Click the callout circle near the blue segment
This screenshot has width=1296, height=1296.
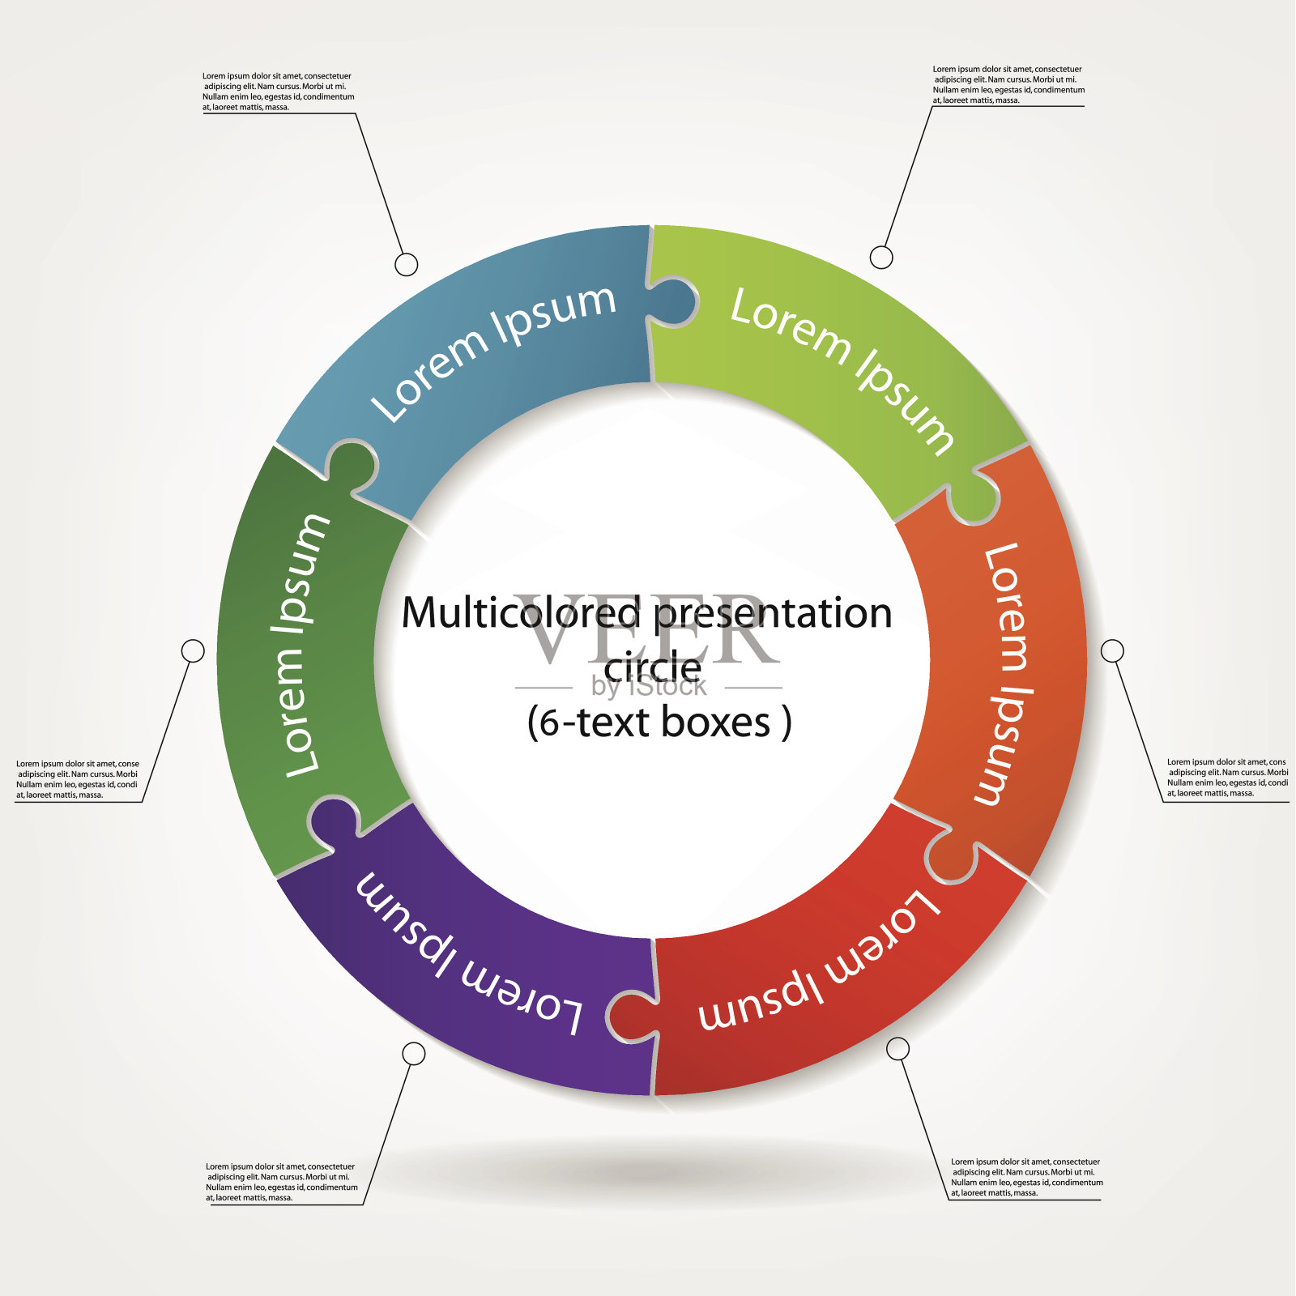pos(406,264)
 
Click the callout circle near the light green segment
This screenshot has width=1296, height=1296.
pos(881,258)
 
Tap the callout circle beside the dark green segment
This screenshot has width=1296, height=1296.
pos(193,650)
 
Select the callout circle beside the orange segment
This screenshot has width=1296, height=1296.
pos(1112,650)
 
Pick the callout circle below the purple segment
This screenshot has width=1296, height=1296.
pos(414,1053)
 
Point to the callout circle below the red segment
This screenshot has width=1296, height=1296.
pos(897,1049)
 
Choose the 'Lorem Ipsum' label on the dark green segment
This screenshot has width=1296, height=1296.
pos(306,646)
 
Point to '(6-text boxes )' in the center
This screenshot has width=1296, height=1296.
pos(659,722)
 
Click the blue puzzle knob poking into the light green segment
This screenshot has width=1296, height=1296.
pos(675,302)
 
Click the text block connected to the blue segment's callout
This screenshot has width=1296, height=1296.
pos(278,92)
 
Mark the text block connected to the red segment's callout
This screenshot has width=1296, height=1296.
pos(1026,1177)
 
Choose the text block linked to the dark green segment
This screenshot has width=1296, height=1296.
pos(78,779)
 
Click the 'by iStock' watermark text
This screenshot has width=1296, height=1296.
pos(648,687)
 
